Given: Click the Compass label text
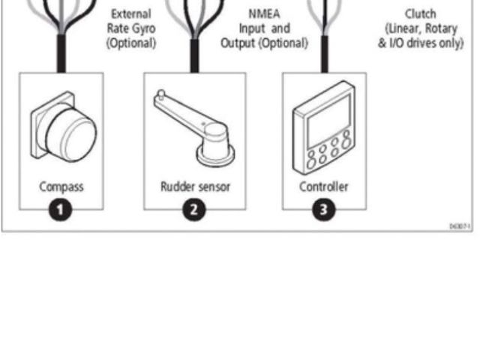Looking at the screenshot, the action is point(62,187).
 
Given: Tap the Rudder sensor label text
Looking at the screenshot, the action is point(193,187).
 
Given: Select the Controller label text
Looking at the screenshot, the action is point(324,187).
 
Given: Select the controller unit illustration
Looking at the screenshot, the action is point(324,131).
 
